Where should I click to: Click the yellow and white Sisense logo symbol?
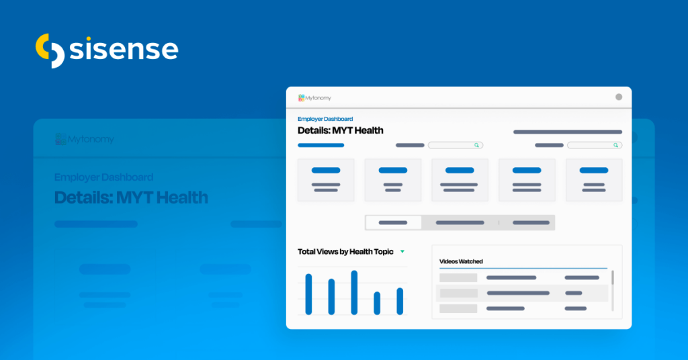coord(50,50)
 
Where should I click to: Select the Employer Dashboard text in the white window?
coord(325,119)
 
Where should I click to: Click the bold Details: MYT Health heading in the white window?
coord(340,130)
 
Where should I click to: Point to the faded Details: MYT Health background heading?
coord(131,197)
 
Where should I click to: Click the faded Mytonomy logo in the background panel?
coord(85,140)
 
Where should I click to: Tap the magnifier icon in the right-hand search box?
coord(615,145)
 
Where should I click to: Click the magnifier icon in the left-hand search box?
coord(476,145)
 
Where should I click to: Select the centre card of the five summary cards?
coord(460,179)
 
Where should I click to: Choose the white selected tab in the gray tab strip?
coord(393,222)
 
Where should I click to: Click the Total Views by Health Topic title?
coord(345,252)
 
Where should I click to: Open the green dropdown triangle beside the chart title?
coord(402,252)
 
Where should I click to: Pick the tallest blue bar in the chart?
coord(354,292)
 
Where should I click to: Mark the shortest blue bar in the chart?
coord(377,303)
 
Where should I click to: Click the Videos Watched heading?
coord(461,261)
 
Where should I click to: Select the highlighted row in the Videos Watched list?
coord(522,293)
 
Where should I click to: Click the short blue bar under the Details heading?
coord(321,145)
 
